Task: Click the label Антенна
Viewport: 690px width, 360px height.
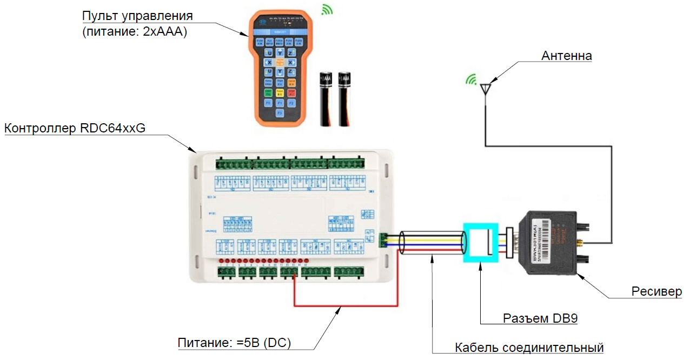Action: point(566,56)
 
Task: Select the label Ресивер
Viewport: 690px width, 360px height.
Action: point(656,291)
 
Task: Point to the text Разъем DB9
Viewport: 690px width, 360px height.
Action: point(540,318)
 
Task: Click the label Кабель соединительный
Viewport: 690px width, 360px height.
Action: point(529,347)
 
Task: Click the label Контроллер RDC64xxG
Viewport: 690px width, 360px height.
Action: point(75,128)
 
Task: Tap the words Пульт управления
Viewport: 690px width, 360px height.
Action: point(137,16)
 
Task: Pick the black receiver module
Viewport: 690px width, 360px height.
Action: point(552,243)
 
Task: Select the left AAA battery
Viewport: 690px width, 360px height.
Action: point(326,99)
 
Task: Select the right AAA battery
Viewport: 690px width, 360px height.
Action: point(344,99)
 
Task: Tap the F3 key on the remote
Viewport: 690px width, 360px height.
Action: point(280,114)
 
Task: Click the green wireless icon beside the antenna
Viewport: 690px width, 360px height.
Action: point(472,79)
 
